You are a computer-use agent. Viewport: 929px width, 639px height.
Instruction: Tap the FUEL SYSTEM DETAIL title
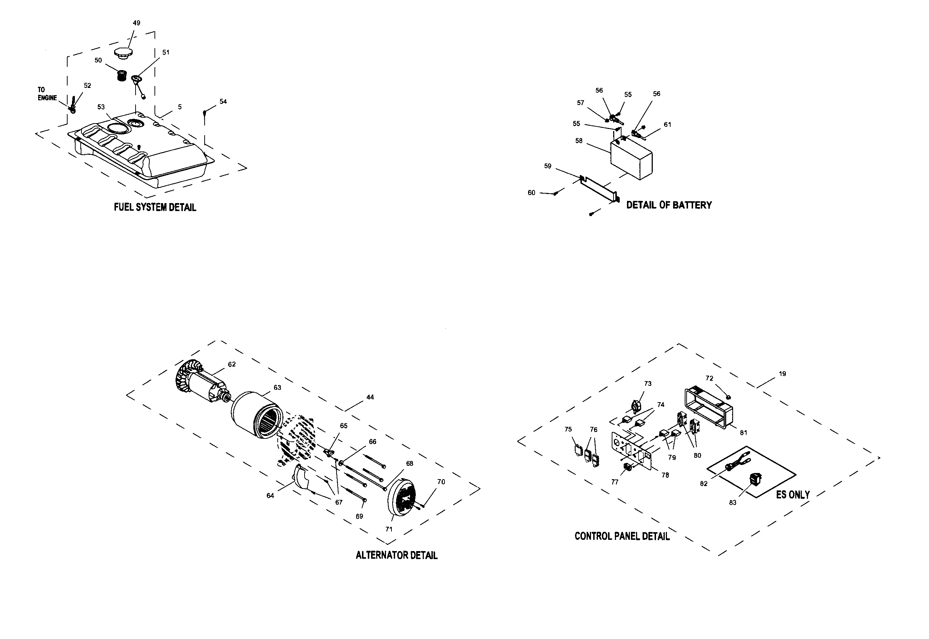click(155, 207)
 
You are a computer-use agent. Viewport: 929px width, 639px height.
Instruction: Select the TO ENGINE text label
click(47, 94)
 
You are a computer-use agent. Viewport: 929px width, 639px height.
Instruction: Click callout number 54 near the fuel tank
click(223, 102)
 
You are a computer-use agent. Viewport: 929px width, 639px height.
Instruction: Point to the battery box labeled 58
click(631, 159)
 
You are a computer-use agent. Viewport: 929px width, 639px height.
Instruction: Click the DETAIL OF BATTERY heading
click(669, 205)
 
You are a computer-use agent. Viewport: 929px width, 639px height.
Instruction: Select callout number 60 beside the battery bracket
click(531, 193)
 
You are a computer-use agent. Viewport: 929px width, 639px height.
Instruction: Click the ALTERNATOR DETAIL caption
click(396, 555)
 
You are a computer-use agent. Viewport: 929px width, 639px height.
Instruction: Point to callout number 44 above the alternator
click(370, 397)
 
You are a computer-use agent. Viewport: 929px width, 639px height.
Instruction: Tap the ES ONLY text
click(793, 495)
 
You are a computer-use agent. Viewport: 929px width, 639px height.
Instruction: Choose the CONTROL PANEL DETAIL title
click(622, 537)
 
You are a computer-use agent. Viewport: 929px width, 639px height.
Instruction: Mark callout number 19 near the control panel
click(783, 374)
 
